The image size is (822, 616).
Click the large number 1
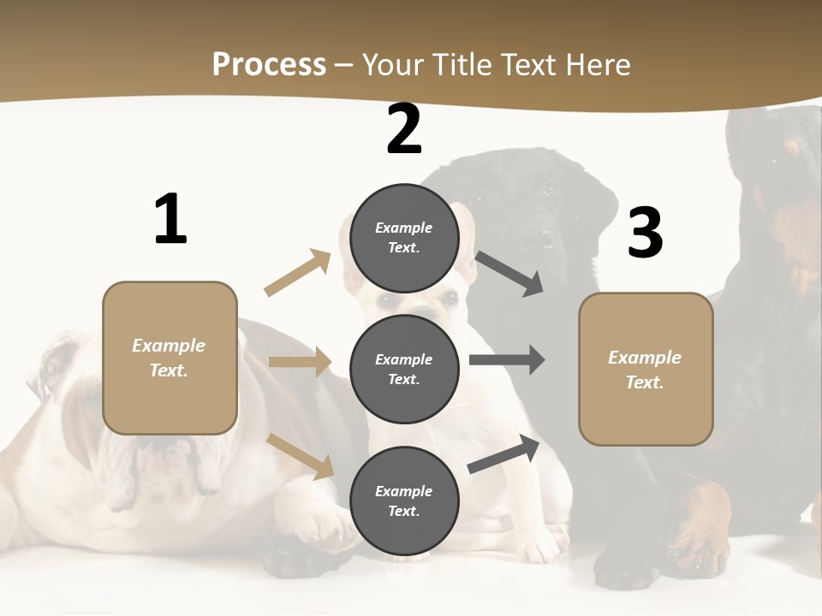170,220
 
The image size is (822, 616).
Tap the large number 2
404,130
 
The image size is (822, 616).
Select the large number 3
645,234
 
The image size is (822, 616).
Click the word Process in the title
269,64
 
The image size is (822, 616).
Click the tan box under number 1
170,358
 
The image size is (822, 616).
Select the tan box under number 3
646,369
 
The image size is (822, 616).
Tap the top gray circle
404,238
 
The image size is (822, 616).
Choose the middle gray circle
404,369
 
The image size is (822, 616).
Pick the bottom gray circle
404,500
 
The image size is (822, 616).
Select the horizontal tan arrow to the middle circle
300,362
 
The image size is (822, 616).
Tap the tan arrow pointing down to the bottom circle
301,455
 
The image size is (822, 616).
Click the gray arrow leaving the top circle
510,274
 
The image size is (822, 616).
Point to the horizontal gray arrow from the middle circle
507,360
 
